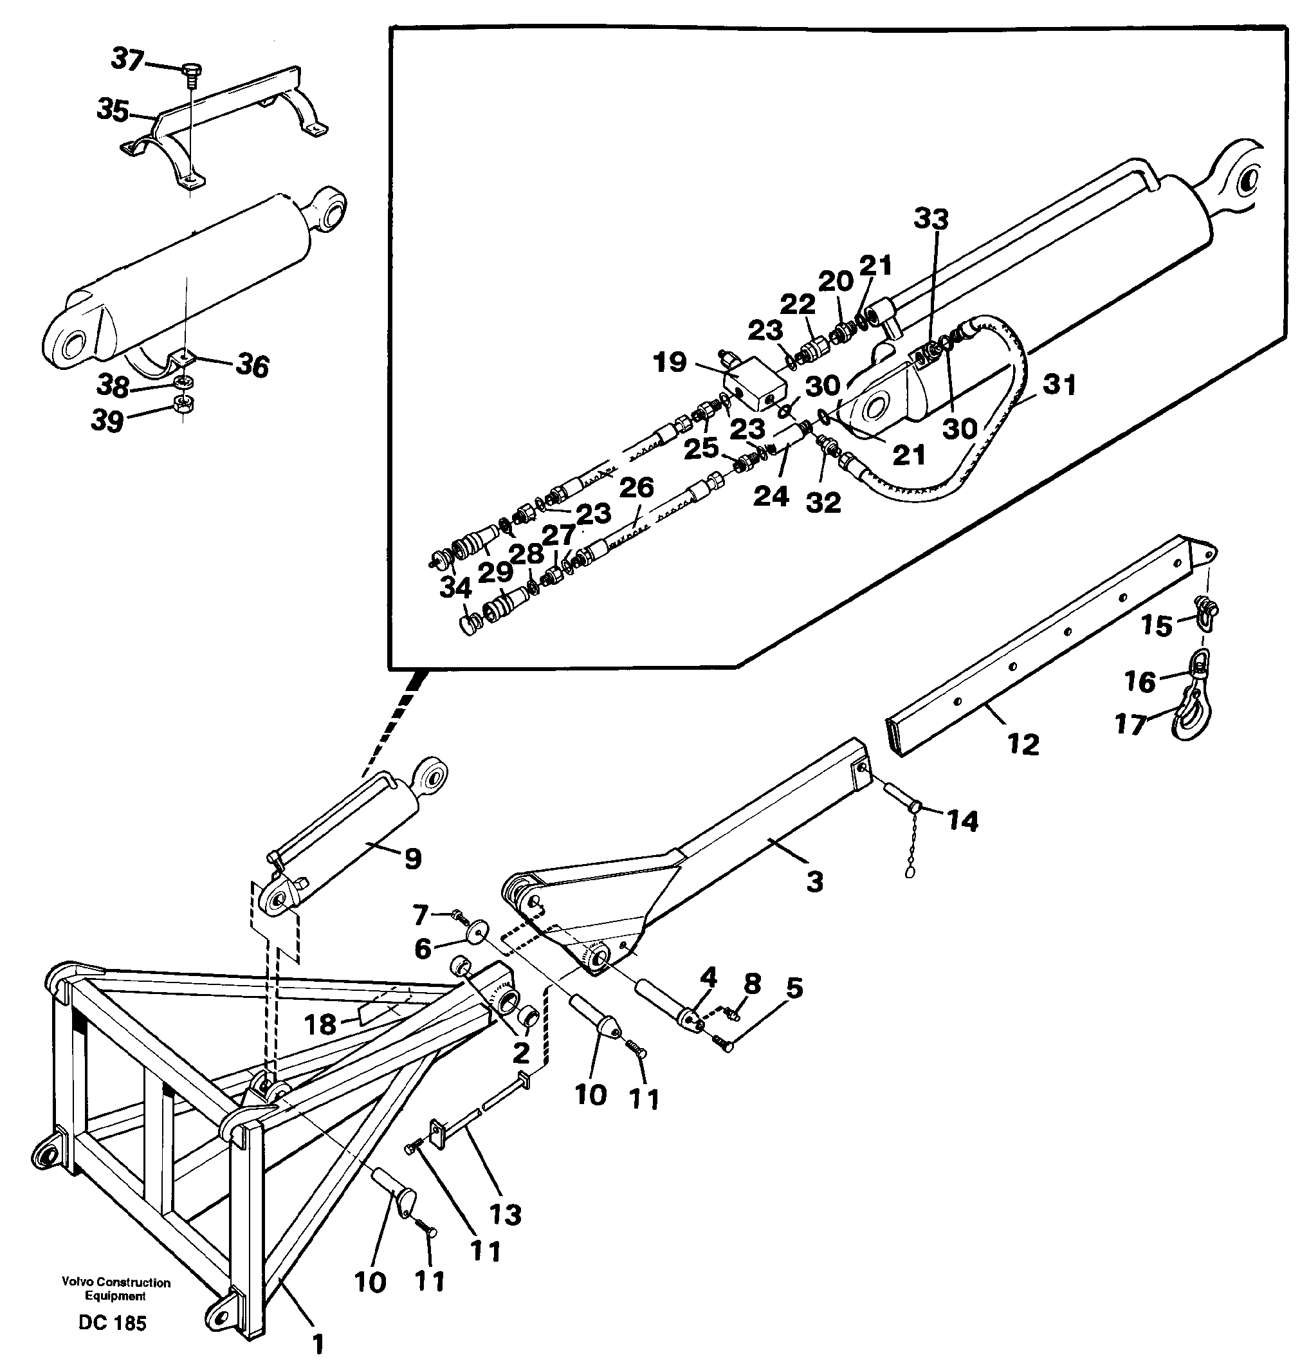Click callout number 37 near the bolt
pos(127,59)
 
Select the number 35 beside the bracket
pos(112,110)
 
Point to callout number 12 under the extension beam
pos(1022,744)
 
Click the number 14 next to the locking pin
pos(962,821)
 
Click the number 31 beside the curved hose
pos(1059,384)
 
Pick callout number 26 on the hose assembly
pos(636,488)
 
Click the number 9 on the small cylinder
pos(413,859)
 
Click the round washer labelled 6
pos(478,931)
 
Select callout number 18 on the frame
pos(320,1024)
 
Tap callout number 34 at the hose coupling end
pos(456,588)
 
